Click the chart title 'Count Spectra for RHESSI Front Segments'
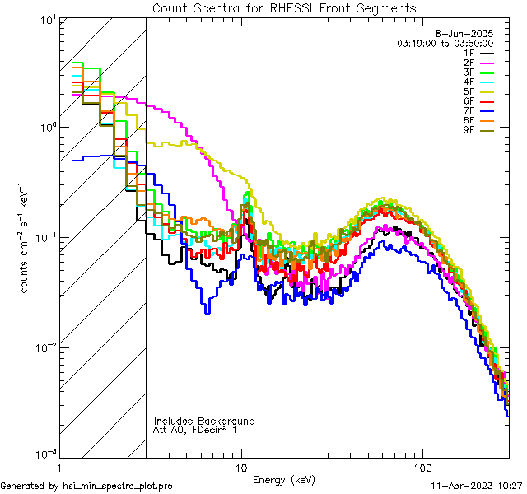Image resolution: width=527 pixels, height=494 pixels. [x=284, y=8]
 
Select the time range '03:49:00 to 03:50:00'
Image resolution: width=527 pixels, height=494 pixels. [x=445, y=42]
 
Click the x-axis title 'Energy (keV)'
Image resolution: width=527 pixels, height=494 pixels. [x=283, y=479]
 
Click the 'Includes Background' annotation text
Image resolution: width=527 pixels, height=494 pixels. [x=204, y=421]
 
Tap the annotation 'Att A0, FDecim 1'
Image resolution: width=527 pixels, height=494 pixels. [x=195, y=430]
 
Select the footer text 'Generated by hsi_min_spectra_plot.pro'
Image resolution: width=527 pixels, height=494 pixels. [x=86, y=486]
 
